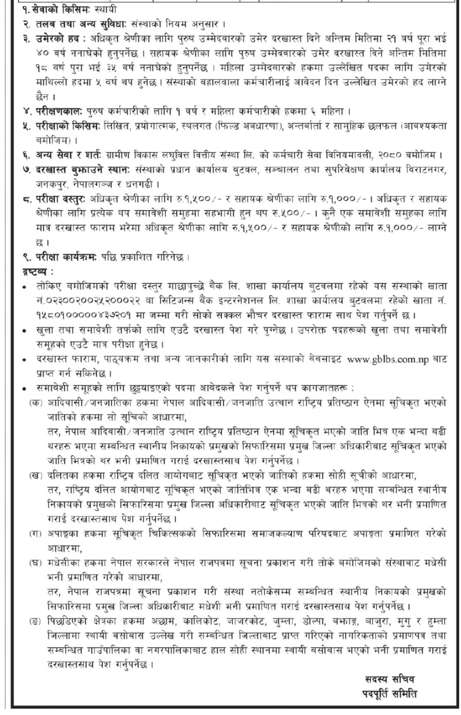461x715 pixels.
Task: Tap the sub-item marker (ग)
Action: (35, 534)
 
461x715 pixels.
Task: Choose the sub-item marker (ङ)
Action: (35, 622)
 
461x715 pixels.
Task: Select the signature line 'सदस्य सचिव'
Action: (389, 679)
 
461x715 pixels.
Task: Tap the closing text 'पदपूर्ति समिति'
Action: (390, 693)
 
